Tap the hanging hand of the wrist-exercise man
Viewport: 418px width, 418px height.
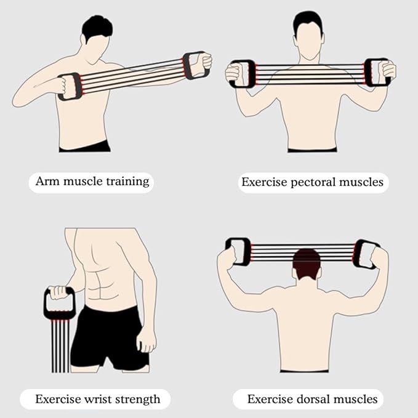click(145, 338)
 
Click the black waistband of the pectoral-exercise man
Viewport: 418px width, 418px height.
click(312, 149)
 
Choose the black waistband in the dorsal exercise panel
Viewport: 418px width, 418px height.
click(304, 371)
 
